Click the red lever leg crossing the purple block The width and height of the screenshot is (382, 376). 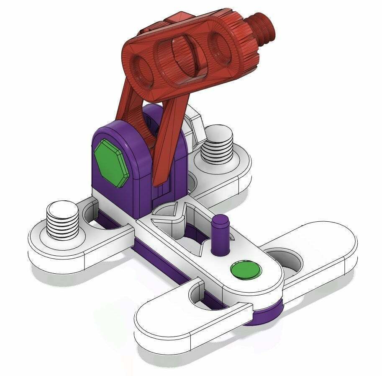[x=165, y=147]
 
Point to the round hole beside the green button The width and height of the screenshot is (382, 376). [x=289, y=262]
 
